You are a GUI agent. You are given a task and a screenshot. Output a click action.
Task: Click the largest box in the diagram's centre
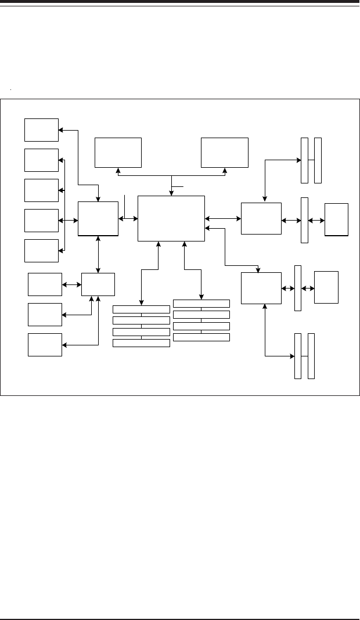click(171, 218)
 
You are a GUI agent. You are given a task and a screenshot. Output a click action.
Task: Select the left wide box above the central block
click(118, 152)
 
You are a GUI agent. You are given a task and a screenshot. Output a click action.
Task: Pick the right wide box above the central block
click(225, 152)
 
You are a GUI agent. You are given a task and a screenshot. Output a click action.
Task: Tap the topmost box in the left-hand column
click(41, 129)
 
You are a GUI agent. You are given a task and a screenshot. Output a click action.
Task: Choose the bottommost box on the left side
click(45, 345)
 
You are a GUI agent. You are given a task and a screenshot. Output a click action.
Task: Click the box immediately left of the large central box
click(98, 218)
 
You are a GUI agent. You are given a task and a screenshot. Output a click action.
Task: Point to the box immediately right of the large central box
click(261, 218)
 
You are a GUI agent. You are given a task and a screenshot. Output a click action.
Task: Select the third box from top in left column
click(41, 190)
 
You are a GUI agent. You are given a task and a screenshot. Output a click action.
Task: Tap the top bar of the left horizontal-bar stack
click(141, 309)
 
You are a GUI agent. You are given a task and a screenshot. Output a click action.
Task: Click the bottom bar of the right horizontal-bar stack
click(201, 337)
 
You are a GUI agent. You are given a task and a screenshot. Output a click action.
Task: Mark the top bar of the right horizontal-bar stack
click(201, 304)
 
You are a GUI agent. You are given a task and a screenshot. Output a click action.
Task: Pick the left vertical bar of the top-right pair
click(305, 160)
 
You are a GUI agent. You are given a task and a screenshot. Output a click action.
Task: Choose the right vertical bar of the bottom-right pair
click(311, 356)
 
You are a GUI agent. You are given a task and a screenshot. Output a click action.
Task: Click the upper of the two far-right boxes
click(337, 219)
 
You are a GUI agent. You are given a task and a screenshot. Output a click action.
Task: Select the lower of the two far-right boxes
click(326, 287)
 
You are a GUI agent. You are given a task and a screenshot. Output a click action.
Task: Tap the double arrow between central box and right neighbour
click(223, 218)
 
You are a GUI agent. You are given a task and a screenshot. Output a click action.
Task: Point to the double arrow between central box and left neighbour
click(128, 218)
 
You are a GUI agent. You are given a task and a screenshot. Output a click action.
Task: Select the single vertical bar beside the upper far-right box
click(304, 220)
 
